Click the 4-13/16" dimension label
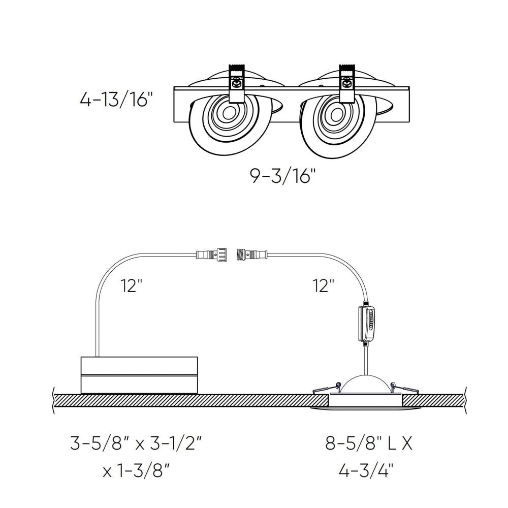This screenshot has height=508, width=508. [116, 99]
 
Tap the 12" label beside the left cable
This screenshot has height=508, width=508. [131, 286]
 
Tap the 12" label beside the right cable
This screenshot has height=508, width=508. [323, 286]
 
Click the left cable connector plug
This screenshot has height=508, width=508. [212, 252]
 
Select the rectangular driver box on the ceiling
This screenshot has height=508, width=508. [139, 375]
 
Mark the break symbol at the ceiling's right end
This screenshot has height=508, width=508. [466, 400]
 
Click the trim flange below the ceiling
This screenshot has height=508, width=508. [366, 409]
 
